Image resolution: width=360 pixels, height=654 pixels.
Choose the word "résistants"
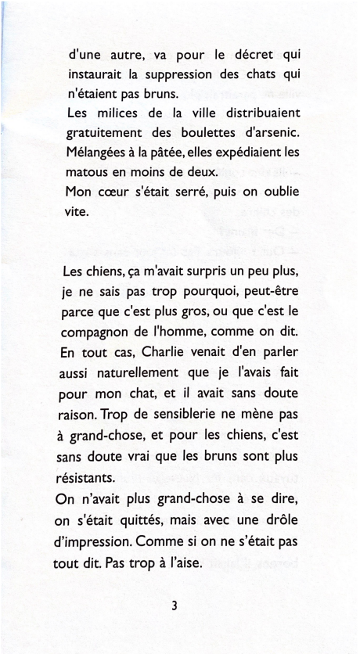[88, 475]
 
